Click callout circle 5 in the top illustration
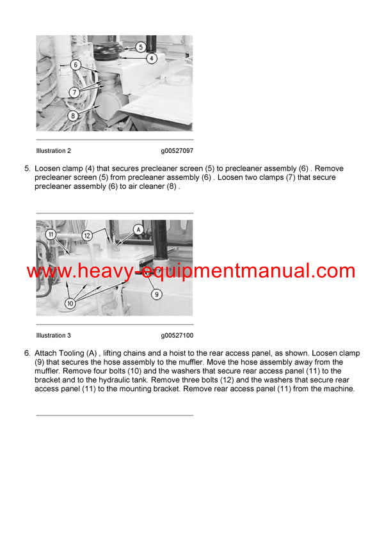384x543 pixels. click(141, 47)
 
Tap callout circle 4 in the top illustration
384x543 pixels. click(151, 58)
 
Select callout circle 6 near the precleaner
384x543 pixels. click(75, 65)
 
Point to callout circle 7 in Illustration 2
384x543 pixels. click(75, 93)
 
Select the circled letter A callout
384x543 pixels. click(138, 229)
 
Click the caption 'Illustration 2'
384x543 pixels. click(54, 151)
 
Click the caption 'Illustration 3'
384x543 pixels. click(54, 335)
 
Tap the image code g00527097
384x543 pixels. click(177, 151)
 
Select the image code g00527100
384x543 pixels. click(177, 335)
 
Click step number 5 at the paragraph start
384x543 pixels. click(26, 168)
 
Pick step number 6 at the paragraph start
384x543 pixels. click(26, 353)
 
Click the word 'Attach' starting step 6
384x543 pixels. click(45, 353)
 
